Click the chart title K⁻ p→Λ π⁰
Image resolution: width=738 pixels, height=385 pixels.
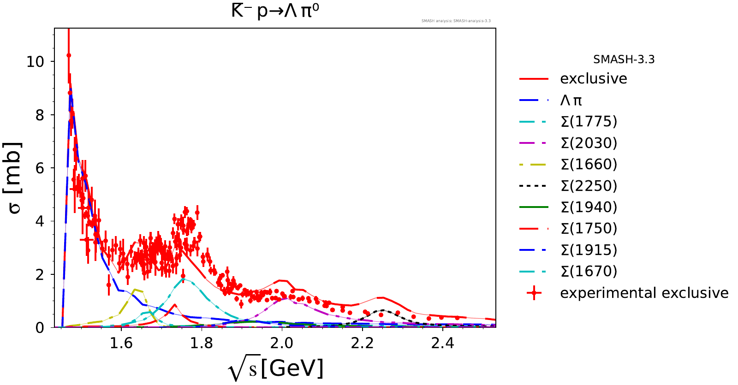click(275, 11)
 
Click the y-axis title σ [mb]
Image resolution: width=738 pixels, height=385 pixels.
click(15, 178)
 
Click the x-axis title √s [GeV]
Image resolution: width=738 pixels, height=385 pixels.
click(276, 369)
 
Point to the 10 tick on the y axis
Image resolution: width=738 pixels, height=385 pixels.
click(35, 62)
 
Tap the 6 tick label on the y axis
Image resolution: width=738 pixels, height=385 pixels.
click(40, 168)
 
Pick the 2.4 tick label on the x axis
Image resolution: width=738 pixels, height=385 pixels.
click(443, 343)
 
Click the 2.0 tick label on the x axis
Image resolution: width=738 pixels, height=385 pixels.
click(282, 343)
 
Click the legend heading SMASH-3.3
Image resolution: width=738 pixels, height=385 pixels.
click(624, 59)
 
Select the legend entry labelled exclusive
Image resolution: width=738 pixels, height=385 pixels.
click(593, 79)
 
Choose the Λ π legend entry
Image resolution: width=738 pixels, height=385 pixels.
click(571, 101)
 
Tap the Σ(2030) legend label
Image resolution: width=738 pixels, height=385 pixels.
click(589, 143)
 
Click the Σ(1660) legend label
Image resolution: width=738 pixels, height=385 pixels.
click(589, 165)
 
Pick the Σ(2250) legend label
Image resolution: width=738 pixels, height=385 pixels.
click(589, 186)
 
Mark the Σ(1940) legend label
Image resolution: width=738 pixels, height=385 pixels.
click(589, 207)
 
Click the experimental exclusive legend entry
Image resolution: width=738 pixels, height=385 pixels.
click(644, 293)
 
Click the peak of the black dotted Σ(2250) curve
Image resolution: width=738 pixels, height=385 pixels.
click(383, 310)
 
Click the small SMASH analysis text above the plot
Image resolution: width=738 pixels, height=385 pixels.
click(456, 21)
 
